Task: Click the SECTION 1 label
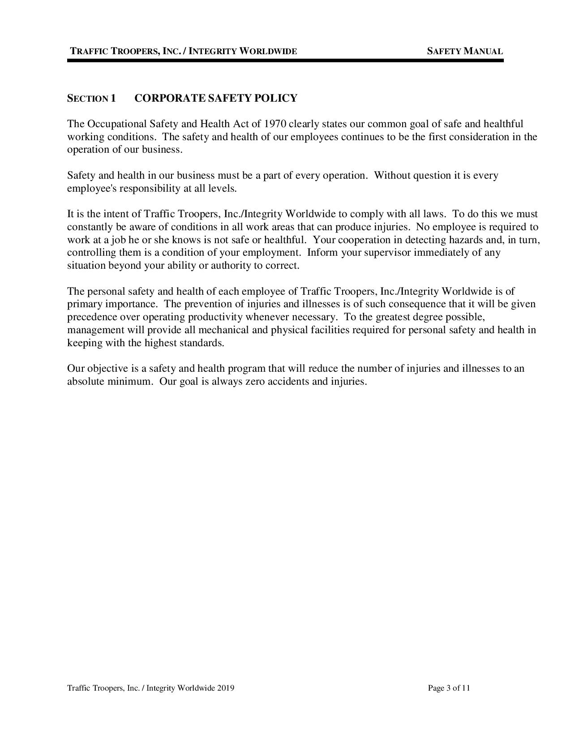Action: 91,99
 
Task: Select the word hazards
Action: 466,240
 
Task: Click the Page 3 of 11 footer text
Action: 449,688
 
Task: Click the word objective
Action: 107,369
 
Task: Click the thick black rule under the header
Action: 285,60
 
